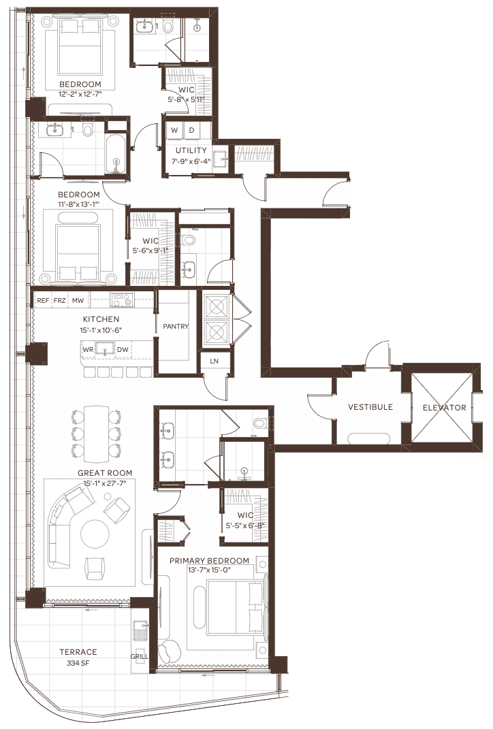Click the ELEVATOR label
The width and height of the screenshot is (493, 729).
(444, 407)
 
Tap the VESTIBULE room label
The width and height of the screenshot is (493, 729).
(370, 407)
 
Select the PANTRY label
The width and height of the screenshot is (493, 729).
(175, 326)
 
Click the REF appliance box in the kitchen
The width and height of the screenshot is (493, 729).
(43, 300)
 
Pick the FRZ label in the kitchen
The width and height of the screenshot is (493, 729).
(59, 301)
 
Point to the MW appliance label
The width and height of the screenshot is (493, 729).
(78, 301)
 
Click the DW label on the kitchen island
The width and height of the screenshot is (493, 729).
(123, 350)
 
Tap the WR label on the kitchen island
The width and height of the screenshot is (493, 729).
(88, 350)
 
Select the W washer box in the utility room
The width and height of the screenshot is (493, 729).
(174, 130)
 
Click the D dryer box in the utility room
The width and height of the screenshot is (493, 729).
(191, 130)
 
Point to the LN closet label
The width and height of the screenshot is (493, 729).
(214, 361)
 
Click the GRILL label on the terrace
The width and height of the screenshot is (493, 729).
(139, 656)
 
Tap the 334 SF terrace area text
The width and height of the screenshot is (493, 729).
(78, 663)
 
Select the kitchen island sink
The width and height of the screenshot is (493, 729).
(105, 349)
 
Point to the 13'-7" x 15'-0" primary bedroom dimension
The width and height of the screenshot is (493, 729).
(209, 570)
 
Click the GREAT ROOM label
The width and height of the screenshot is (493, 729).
(105, 473)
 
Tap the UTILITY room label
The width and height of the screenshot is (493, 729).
(191, 150)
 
